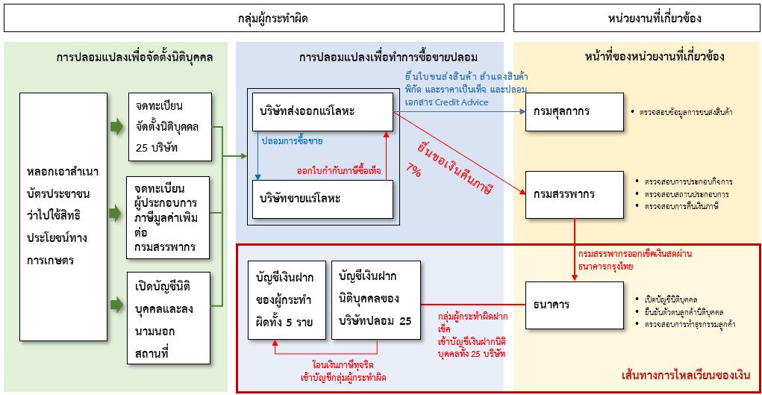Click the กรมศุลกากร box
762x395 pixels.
(573, 112)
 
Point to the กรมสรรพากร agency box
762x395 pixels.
(573, 193)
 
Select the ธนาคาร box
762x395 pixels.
(573, 304)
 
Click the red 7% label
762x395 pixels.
(413, 171)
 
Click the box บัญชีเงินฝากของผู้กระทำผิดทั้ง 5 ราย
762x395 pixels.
(287, 299)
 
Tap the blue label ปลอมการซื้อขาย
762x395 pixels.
(293, 140)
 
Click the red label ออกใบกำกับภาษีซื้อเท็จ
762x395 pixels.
(338, 171)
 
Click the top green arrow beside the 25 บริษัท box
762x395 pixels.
(116, 127)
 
